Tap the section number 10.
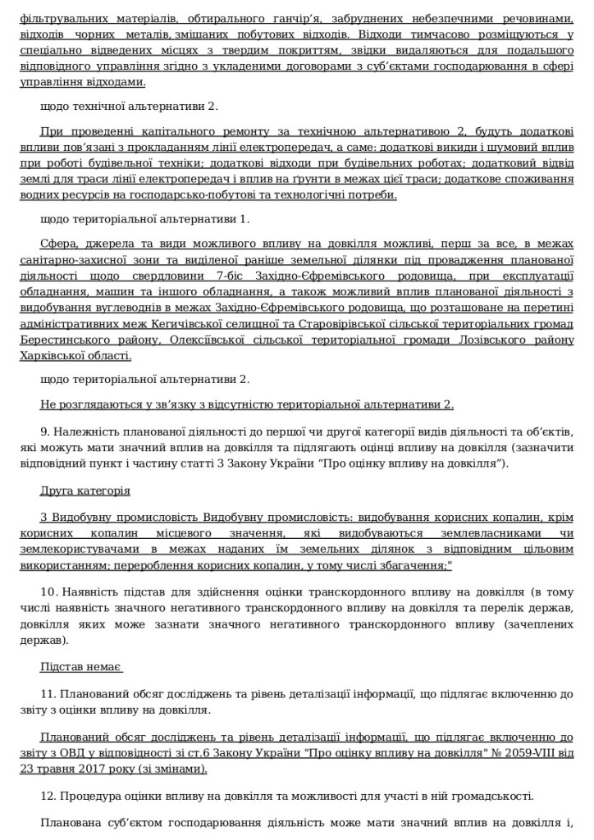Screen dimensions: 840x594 (47, 591)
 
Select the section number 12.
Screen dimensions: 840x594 (47, 797)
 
